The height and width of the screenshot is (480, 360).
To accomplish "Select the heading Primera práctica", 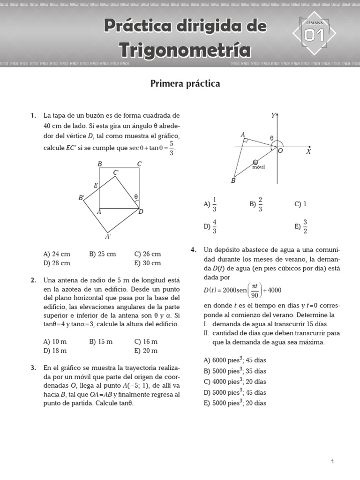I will pyautogui.click(x=185, y=83).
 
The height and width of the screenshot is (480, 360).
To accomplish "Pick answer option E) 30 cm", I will pyautogui.click(x=147, y=263).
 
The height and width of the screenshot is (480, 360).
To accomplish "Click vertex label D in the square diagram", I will pyautogui.click(x=140, y=212).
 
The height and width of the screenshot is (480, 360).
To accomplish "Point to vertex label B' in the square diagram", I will pyautogui.click(x=81, y=198).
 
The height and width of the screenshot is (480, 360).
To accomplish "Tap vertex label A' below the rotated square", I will pyautogui.click(x=108, y=237).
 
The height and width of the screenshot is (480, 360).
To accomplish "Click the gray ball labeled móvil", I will pyautogui.click(x=255, y=162).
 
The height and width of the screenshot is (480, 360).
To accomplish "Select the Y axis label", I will pyautogui.click(x=273, y=115).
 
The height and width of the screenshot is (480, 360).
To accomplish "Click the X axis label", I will pyautogui.click(x=308, y=152).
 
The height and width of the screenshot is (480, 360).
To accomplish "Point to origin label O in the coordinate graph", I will pyautogui.click(x=280, y=151).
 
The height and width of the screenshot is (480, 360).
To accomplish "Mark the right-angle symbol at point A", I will pyautogui.click(x=246, y=140).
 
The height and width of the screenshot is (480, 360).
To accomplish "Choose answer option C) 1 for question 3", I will pyautogui.click(x=300, y=204).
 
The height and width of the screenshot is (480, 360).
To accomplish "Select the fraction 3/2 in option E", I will pyautogui.click(x=305, y=226).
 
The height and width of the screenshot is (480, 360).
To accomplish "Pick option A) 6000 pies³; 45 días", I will pyautogui.click(x=235, y=360).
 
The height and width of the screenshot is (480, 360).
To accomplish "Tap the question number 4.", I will pyautogui.click(x=193, y=250).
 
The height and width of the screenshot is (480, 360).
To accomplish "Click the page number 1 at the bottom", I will pyautogui.click(x=332, y=462).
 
